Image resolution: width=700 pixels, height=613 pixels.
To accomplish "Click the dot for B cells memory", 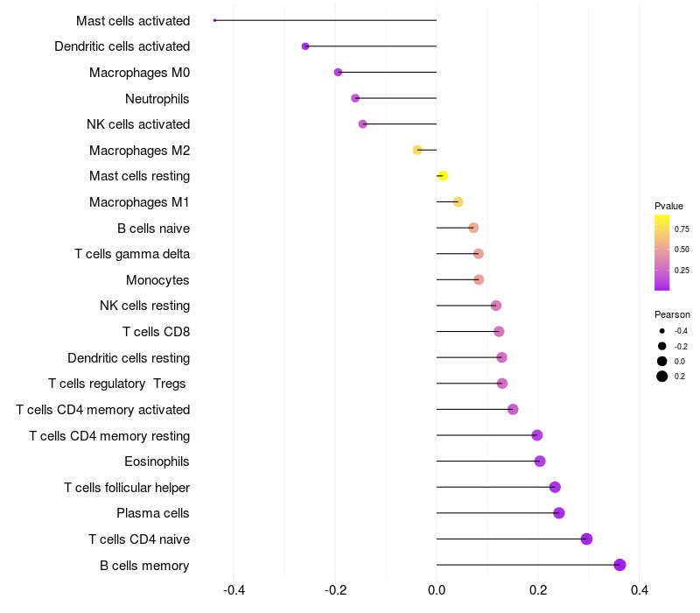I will [620, 565].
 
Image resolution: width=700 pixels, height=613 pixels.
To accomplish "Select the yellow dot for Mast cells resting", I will [443, 176].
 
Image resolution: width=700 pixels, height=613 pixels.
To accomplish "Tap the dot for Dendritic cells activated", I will [305, 46].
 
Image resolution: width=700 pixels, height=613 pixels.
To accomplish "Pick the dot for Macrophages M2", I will [417, 151].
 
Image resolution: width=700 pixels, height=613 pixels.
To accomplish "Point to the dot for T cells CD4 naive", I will [586, 539].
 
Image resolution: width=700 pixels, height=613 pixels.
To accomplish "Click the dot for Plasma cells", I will [559, 513].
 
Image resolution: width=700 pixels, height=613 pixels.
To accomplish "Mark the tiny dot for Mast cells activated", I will [214, 20].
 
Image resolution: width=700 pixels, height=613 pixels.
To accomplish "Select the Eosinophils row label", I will [157, 462].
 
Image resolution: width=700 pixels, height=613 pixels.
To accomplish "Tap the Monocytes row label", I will [157, 280].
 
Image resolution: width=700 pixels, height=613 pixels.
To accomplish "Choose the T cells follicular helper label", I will [127, 488].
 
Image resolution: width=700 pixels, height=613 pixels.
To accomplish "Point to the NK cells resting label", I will [145, 306].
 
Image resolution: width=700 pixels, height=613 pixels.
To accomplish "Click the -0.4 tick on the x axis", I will [234, 590].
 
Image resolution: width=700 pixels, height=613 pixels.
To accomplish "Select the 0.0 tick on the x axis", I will [437, 590].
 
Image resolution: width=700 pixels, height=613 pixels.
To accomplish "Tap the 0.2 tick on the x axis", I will [537, 590].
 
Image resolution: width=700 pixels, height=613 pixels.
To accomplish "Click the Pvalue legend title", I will [668, 206].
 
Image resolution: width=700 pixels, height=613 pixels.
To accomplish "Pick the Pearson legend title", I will [672, 314].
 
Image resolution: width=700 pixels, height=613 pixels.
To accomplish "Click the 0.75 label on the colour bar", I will [682, 229].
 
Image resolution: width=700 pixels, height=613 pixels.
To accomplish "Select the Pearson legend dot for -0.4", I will [662, 331].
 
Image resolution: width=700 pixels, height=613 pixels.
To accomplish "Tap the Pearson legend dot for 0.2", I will [662, 377].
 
